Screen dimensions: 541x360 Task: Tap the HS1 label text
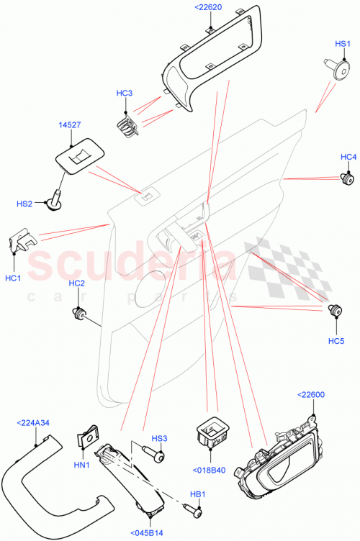pos(343,44)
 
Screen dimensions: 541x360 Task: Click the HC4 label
pos(348,158)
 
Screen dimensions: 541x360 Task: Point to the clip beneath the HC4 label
pos(348,177)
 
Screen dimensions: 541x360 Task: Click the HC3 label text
pos(125,94)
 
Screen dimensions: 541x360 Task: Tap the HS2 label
pos(24,204)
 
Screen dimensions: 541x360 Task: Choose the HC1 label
pos(13,278)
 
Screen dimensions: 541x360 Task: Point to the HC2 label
pos(76,283)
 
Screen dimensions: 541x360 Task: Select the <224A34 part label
pos(34,424)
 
